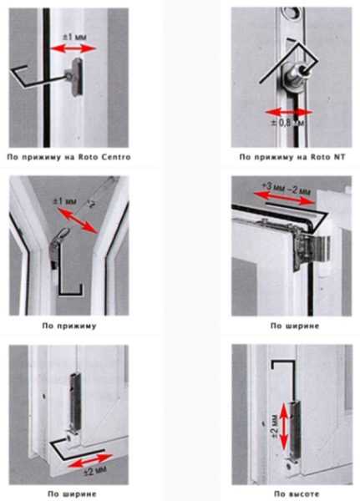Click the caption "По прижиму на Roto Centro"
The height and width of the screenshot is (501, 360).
68,157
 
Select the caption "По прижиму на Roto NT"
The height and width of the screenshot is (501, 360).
292,157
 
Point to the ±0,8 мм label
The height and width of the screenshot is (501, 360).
288,123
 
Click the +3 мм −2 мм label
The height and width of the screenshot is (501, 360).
286,189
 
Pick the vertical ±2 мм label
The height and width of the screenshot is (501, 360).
274,427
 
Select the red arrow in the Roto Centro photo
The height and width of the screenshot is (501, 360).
74,49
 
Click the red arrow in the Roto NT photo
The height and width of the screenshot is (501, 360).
289,113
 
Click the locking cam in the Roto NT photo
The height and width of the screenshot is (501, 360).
293,76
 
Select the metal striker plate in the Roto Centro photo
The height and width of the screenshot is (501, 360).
76,77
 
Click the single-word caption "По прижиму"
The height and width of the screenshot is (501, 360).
69,326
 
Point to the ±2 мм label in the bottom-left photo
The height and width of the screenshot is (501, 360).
95,470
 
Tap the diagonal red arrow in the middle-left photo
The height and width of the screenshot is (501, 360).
78,220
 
